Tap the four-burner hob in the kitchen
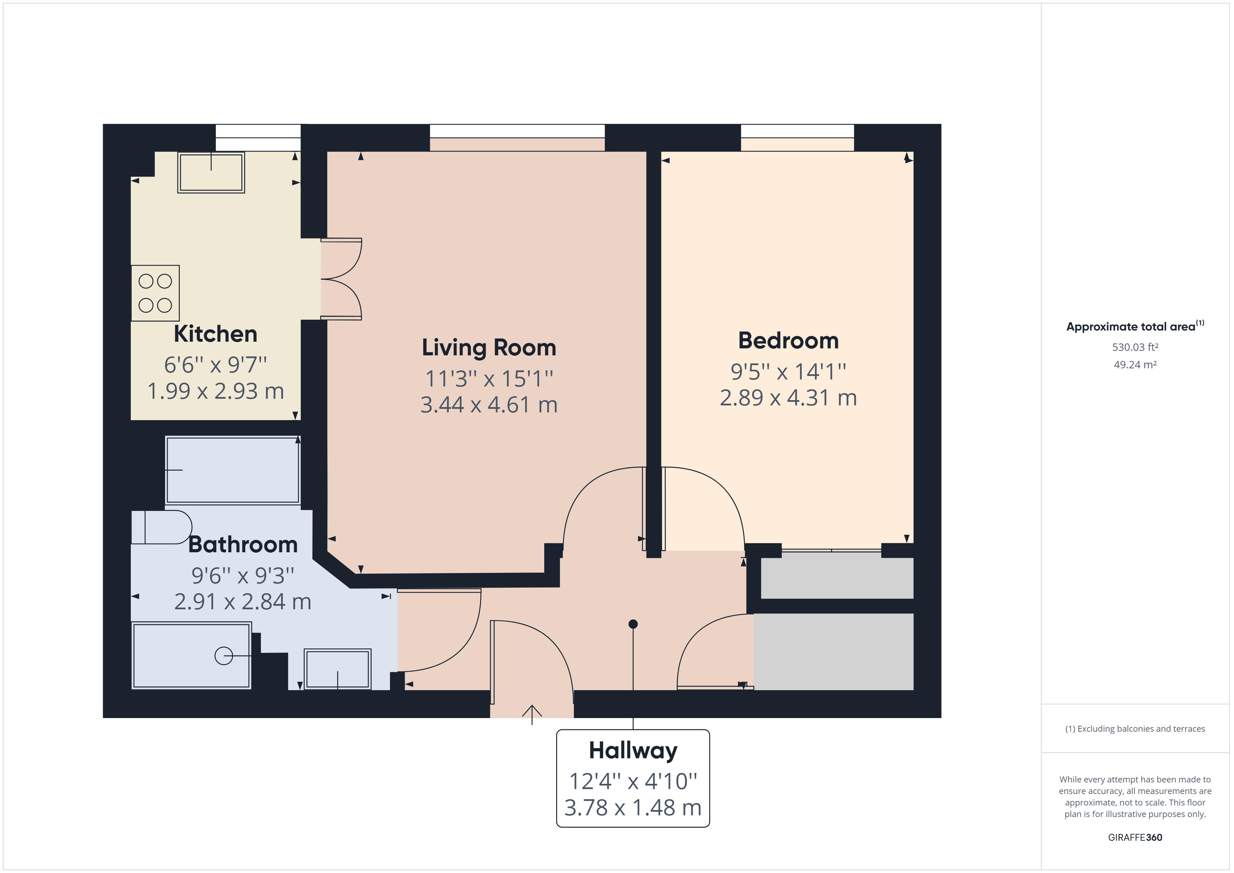tap(155, 293)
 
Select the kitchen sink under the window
tap(211, 172)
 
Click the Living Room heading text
tap(489, 347)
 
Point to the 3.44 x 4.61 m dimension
tap(489, 405)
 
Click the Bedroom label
tap(788, 340)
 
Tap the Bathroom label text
tap(243, 545)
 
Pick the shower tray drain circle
tap(224, 656)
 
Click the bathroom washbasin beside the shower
tap(338, 669)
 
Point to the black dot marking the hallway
tap(633, 624)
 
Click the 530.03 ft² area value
tap(1135, 347)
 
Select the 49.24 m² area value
tap(1135, 364)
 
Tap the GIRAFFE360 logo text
tap(1135, 838)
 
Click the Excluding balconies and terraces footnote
tap(1135, 729)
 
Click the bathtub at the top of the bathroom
tap(233, 470)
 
